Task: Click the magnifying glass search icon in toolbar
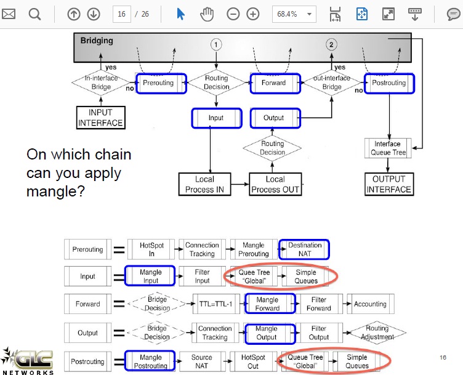34,14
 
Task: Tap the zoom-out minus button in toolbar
233,14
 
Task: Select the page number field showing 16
122,14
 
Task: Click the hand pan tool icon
207,14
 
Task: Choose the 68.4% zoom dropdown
294,14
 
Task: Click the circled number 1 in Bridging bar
216,44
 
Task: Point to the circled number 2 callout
331,44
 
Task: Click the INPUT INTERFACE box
101,118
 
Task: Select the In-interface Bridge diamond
101,83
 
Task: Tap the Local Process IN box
204,184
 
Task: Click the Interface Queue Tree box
388,148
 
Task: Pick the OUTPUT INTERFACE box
389,184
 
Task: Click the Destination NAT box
304,249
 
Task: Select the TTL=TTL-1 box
216,304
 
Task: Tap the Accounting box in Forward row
371,304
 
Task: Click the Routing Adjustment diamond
377,333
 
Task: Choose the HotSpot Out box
253,361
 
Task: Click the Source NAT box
202,361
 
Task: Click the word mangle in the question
55,192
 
